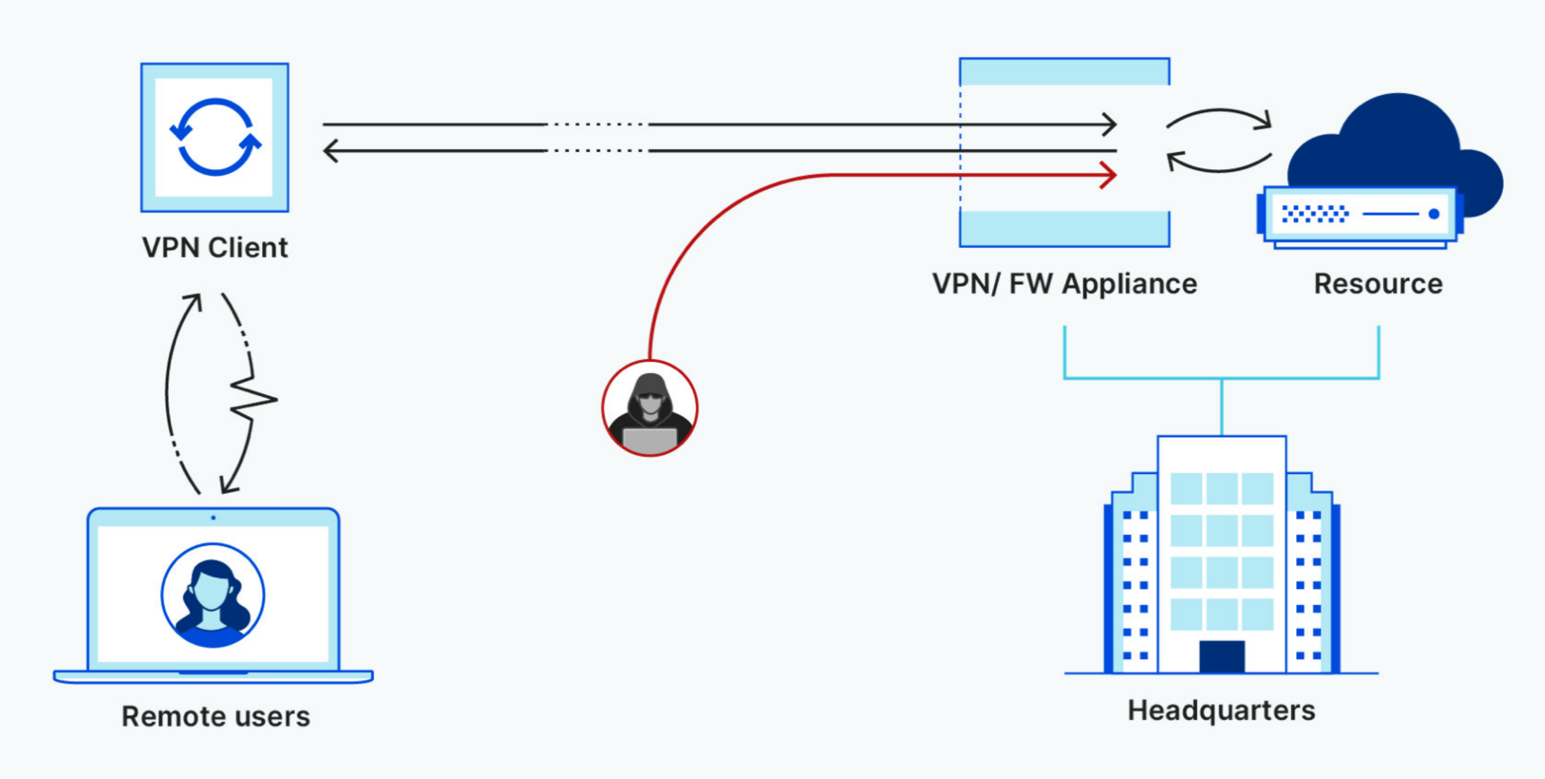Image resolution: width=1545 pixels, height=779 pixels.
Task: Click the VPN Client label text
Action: [215, 248]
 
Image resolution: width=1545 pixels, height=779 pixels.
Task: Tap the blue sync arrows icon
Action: [215, 137]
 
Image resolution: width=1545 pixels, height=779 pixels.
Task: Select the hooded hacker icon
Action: [650, 408]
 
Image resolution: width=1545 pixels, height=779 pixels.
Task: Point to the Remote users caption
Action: [215, 717]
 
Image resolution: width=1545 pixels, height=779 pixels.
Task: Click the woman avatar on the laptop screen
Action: [212, 595]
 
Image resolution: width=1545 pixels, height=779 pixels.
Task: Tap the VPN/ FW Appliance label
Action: [1065, 284]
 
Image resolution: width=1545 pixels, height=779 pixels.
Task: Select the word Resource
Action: [1378, 284]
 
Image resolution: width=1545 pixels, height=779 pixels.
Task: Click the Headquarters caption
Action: [1222, 711]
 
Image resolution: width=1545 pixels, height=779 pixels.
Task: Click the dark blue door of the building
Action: [1222, 656]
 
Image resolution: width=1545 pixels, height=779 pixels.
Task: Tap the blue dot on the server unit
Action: [1435, 214]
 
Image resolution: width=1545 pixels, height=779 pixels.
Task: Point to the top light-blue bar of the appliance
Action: [1065, 72]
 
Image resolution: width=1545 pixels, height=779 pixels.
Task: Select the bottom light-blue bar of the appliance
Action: [1065, 229]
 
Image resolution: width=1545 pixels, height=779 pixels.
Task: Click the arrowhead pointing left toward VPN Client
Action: [330, 150]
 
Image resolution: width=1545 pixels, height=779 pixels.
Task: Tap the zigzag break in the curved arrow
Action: [253, 399]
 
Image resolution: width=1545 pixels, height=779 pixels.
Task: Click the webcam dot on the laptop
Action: [213, 518]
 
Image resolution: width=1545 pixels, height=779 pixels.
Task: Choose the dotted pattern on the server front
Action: [1315, 214]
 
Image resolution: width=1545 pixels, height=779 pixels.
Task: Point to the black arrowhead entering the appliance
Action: [1109, 124]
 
